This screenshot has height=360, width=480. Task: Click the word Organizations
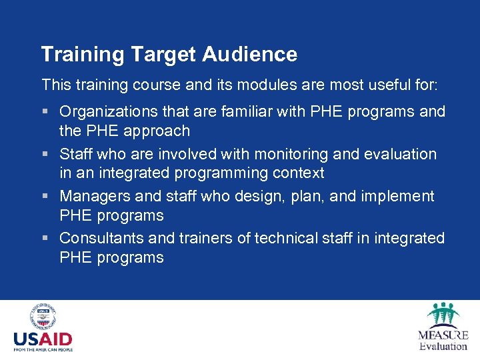pyautogui.click(x=114, y=111)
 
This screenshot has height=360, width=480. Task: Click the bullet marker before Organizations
pyautogui.click(x=45, y=112)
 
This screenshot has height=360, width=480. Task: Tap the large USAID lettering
pyautogui.click(x=43, y=339)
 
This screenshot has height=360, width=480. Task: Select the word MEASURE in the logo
pyautogui.click(x=443, y=335)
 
